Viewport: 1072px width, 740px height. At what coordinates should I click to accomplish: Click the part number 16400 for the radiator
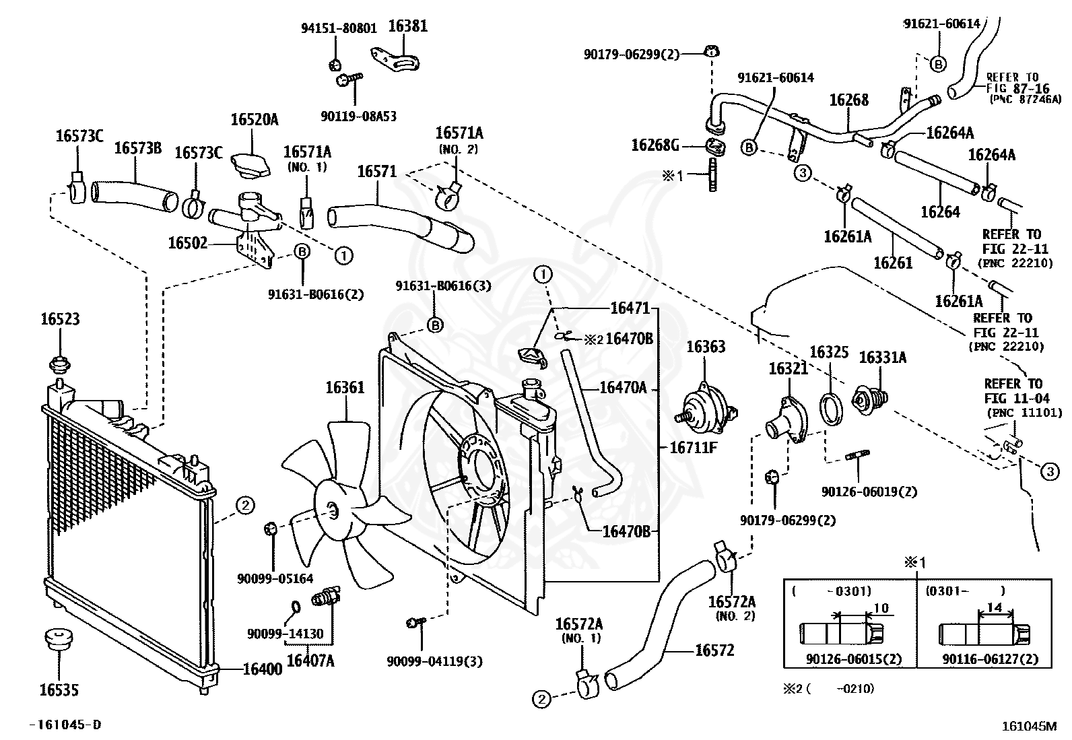coord(262,669)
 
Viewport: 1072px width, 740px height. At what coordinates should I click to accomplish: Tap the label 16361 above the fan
coord(345,387)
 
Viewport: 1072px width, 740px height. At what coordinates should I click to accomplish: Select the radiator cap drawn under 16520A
coord(250,164)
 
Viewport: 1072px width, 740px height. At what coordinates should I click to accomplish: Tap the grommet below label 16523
coord(60,364)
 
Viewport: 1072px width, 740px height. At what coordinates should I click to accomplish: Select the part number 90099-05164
coord(275,578)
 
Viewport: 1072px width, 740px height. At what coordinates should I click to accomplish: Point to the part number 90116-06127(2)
coord(991,659)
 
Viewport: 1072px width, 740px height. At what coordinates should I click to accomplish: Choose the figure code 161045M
coord(1030,726)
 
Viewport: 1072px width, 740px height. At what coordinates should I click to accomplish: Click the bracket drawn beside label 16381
coord(395,60)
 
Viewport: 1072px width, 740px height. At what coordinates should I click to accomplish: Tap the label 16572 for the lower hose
coord(714,650)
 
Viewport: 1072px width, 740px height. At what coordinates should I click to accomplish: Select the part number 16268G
coord(655,145)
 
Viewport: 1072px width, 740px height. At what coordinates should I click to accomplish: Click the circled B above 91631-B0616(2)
coord(302,251)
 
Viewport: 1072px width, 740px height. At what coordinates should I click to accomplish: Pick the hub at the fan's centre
coord(332,511)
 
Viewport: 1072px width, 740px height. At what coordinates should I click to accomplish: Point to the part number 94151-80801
coord(339,28)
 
